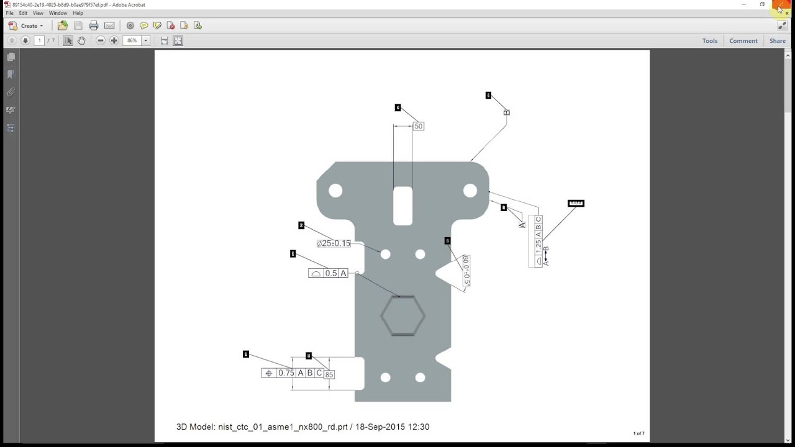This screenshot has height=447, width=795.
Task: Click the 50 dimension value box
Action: (x=418, y=126)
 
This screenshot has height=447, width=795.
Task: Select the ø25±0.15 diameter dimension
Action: (x=334, y=243)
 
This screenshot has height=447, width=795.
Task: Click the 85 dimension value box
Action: (x=329, y=374)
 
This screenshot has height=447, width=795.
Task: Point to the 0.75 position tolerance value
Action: (x=286, y=373)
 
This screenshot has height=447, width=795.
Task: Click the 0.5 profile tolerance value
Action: (x=331, y=273)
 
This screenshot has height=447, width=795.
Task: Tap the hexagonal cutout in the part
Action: (x=402, y=316)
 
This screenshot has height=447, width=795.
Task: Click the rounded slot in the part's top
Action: (x=402, y=205)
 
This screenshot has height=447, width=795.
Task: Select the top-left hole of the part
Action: (x=335, y=191)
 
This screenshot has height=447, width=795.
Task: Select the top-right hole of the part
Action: (x=470, y=191)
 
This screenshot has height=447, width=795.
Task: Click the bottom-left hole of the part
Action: (x=385, y=377)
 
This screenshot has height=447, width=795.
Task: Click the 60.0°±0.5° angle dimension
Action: (x=466, y=270)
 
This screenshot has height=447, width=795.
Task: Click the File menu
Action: (x=9, y=13)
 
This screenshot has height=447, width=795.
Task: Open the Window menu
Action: (x=58, y=13)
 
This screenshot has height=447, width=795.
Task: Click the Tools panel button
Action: (x=709, y=41)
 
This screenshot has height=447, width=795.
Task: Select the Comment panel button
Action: (x=743, y=41)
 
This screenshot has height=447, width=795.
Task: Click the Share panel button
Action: (x=777, y=41)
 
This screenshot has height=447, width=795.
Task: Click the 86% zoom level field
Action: (x=132, y=41)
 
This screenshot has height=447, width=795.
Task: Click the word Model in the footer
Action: (x=202, y=427)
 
